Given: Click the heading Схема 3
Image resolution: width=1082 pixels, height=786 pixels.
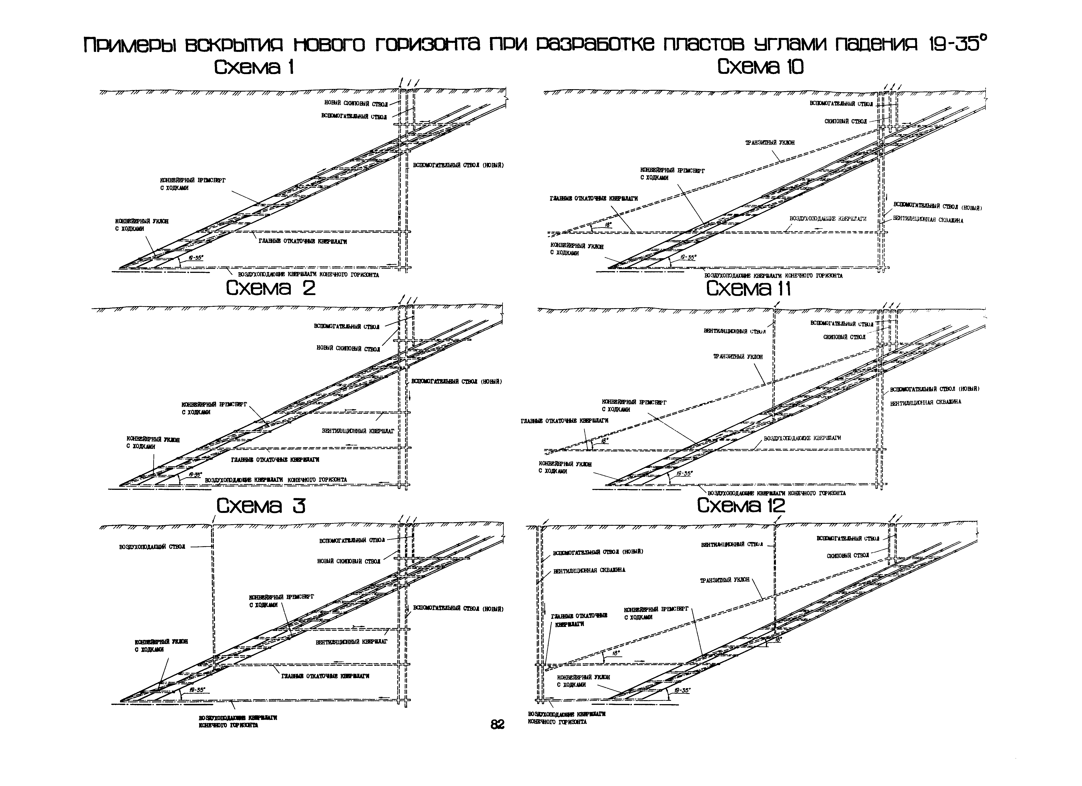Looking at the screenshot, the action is [261, 506].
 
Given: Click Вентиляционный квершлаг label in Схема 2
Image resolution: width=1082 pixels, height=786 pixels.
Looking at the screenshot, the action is [358, 430].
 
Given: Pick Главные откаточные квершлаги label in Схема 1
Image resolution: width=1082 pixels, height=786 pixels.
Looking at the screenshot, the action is [303, 241].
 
